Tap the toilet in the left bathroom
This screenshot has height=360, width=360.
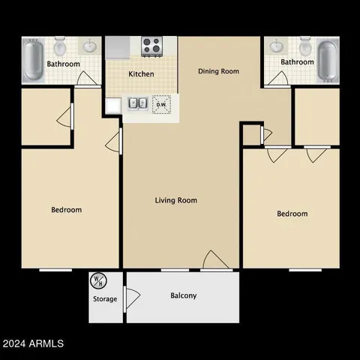61,46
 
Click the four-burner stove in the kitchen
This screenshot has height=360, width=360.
152,46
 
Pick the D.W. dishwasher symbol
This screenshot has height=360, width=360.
160,105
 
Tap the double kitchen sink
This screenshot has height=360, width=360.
137,104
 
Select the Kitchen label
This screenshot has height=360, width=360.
141,74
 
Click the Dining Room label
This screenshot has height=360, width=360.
218,71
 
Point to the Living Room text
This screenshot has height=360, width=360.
176,200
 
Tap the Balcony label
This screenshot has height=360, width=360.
183,295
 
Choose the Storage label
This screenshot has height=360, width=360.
105,299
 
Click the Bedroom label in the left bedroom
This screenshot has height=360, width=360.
66,210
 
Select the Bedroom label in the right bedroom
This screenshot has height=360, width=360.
292,214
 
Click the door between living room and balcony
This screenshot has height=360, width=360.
216,260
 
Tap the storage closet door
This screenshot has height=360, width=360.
132,297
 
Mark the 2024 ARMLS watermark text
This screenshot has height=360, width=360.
33,343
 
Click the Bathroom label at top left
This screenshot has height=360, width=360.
64,64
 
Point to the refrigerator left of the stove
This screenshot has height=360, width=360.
118,46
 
